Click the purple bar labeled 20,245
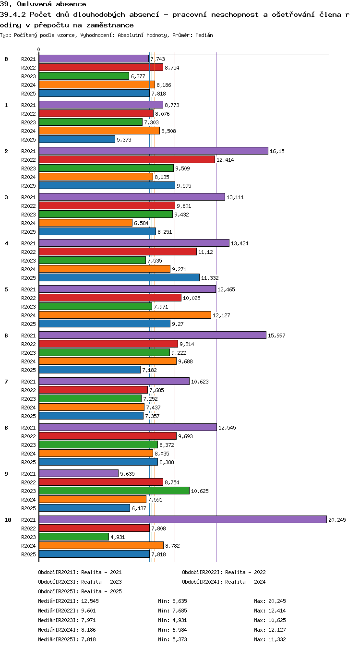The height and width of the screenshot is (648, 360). [x=182, y=519]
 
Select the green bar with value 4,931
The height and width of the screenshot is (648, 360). [x=74, y=537]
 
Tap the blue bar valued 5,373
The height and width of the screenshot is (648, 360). [x=77, y=139]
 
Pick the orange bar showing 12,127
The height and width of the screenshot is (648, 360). [x=125, y=315]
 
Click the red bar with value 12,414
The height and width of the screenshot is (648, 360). [x=127, y=159]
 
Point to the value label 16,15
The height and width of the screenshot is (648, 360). [x=277, y=151]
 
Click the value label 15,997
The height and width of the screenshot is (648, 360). [x=276, y=336]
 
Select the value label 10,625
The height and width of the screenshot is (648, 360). [x=200, y=491]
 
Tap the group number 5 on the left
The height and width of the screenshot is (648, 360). [x=6, y=289]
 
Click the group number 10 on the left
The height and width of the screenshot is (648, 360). [x=8, y=520]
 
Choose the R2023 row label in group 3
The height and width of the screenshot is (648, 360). [x=28, y=215]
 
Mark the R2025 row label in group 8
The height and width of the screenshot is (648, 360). [x=28, y=462]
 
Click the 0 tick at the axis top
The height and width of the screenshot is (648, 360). [x=38, y=49]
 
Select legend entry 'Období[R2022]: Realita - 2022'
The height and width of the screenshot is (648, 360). [x=224, y=572]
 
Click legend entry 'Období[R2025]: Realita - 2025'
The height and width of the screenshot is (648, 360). [x=80, y=591]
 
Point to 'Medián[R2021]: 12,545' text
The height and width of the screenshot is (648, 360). [x=68, y=601]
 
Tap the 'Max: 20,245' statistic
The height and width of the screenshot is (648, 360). [x=270, y=601]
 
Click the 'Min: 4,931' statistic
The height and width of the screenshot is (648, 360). [x=172, y=620]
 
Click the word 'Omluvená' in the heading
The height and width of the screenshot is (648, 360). [x=34, y=4]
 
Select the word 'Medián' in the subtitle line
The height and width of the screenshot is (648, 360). [x=204, y=35]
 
